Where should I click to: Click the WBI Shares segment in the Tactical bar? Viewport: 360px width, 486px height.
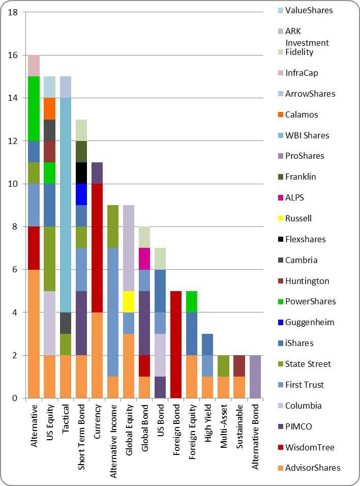[66, 205]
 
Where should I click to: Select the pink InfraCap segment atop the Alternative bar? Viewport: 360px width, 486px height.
[34, 66]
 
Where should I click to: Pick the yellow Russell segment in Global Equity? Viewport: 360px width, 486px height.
[129, 301]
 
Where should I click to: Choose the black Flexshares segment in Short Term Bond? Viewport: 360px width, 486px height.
[81, 173]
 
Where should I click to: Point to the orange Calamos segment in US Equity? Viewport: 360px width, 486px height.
[50, 108]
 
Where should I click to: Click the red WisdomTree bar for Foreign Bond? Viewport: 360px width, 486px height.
[175, 344]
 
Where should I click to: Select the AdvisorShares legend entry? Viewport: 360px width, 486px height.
[313, 468]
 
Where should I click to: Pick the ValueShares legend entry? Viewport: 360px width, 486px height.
[309, 10]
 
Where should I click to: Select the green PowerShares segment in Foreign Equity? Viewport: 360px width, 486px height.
[191, 301]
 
